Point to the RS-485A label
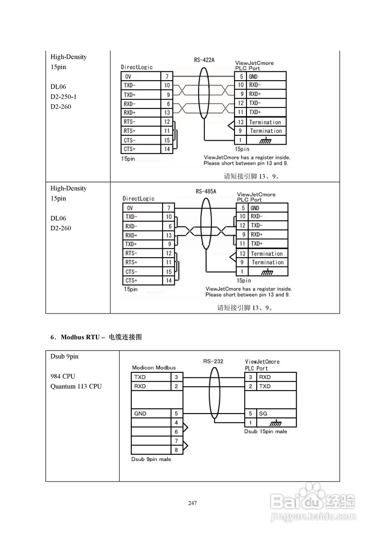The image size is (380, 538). [x=206, y=192]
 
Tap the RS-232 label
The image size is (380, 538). [x=213, y=361]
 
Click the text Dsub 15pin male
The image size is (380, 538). [x=266, y=432]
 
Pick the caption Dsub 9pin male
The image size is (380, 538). [x=151, y=459]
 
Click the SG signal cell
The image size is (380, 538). [x=263, y=414]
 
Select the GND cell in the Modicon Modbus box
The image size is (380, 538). [x=140, y=414]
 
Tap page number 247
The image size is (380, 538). [x=193, y=503]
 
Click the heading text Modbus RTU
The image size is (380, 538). [x=80, y=337]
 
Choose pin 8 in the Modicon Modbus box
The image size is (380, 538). [x=176, y=450]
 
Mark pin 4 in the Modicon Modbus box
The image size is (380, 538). [x=176, y=422]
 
